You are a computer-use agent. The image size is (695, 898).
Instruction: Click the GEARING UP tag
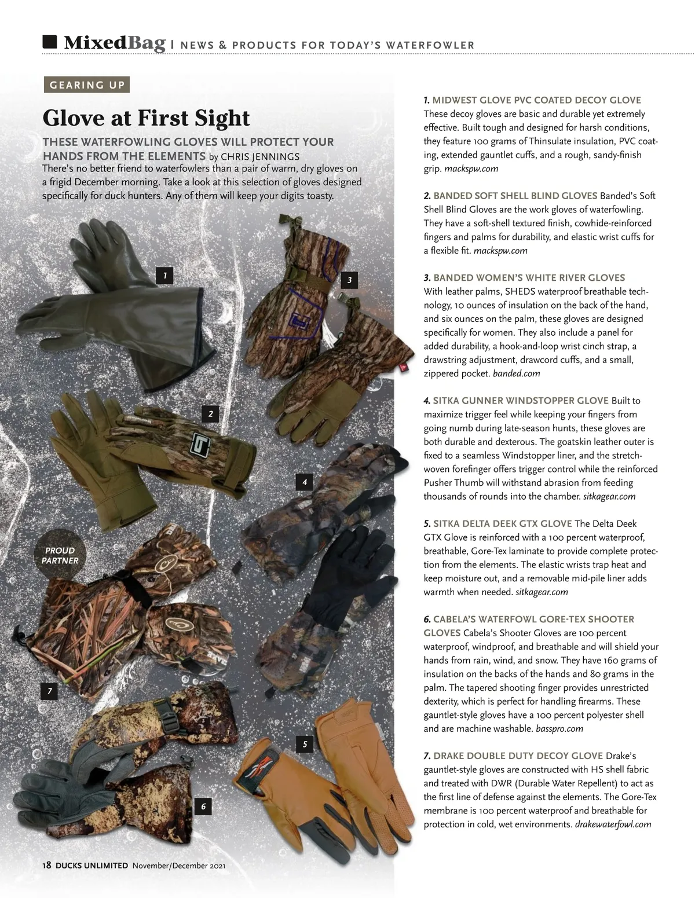pos(87,85)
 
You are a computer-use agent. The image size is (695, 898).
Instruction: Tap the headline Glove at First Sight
pos(146,118)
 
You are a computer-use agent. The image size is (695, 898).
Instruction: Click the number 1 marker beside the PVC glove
pos(165,276)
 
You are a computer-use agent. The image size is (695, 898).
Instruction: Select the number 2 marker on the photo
pos(210,413)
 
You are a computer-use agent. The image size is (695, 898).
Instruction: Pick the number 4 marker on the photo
pos(304,482)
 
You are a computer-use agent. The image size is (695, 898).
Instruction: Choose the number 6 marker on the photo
pos(203,806)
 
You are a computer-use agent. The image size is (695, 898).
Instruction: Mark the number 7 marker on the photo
pos(50,691)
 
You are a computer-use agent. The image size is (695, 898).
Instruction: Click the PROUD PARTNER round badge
pos(60,555)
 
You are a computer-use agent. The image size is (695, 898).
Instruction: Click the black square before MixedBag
pos(50,42)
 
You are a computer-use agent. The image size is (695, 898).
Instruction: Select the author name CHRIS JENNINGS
pos(260,156)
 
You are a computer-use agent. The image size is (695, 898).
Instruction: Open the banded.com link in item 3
pos(516,373)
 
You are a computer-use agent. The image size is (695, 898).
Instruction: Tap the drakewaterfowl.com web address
pos(613,824)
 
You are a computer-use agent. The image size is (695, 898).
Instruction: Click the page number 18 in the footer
pos(47,866)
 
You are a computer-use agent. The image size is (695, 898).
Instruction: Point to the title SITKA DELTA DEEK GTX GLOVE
pos(502,523)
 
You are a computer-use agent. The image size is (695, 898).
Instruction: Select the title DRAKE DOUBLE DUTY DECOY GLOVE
pos(518,756)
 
